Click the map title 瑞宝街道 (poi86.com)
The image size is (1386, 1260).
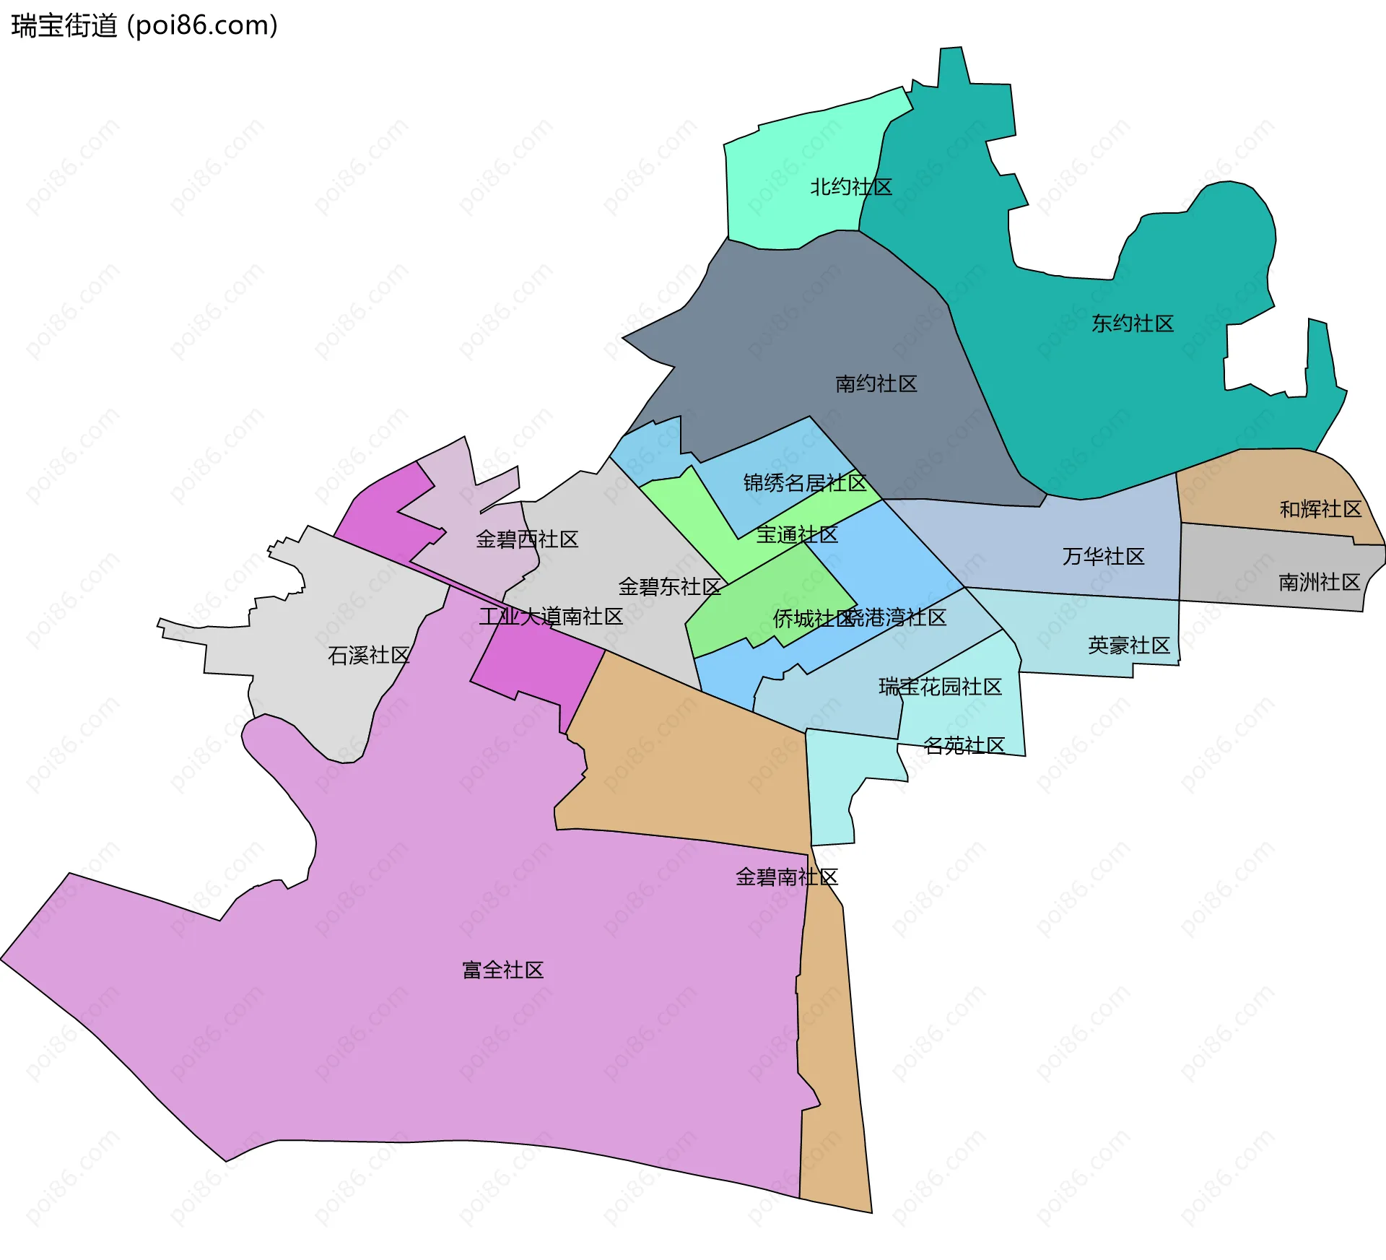point(144,26)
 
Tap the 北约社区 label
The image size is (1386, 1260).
point(851,187)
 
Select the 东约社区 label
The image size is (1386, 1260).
point(1133,323)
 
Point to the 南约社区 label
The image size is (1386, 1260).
point(876,383)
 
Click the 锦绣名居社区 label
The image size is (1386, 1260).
point(805,482)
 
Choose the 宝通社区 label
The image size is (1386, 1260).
point(797,534)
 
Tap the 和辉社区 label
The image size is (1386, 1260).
point(1320,509)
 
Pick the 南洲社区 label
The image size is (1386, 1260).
point(1319,582)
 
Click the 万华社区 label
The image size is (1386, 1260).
point(1103,556)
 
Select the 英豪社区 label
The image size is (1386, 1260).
point(1128,645)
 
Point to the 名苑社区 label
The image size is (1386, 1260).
point(964,745)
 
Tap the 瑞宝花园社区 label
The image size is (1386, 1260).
point(940,686)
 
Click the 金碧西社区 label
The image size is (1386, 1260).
point(527,539)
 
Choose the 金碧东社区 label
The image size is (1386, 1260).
point(669,586)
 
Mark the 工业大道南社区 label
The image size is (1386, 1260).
point(551,616)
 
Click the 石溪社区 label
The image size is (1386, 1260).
point(369,655)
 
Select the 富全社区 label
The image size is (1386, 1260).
point(502,970)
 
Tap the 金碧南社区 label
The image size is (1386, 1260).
point(786,877)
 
